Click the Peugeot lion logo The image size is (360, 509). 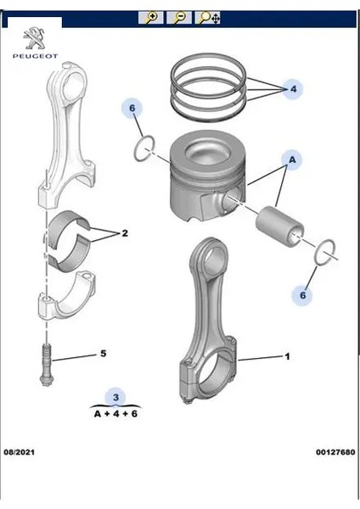[32, 37]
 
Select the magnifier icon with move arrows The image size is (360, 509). [208, 18]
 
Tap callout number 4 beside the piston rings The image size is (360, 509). [292, 87]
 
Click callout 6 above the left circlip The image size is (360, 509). [132, 108]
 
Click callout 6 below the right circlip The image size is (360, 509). [301, 295]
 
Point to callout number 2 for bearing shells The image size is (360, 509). [124, 232]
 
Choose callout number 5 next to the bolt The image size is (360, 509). [104, 354]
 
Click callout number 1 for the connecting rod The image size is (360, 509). [287, 357]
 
